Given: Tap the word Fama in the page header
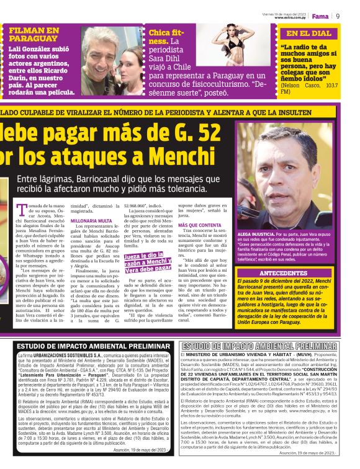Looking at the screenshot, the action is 320,16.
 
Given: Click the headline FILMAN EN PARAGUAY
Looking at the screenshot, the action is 35,34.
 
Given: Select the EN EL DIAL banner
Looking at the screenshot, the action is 308,33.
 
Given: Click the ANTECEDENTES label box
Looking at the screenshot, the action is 292,273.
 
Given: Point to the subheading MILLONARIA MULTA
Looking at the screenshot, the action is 91,220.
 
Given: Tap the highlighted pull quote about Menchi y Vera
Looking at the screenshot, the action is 148,264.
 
